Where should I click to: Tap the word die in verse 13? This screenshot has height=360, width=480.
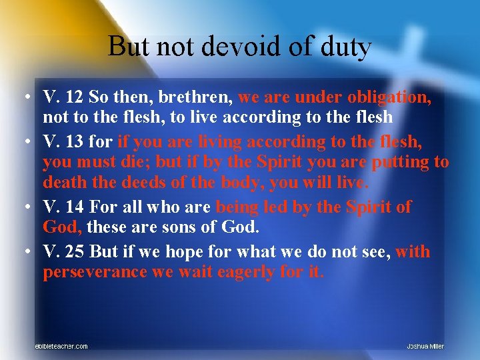click(141, 162)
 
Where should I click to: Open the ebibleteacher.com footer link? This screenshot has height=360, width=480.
click(61, 346)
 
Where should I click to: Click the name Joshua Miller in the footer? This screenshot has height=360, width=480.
click(425, 346)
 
